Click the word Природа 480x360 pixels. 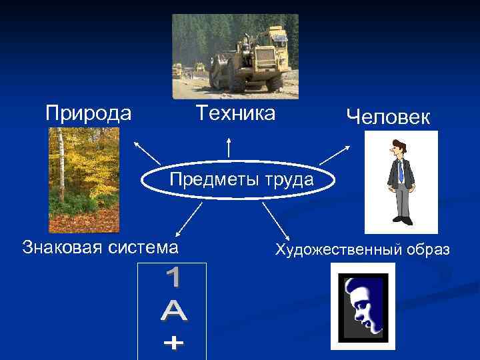point(89,113)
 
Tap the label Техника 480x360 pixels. point(235,113)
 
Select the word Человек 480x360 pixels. point(389,117)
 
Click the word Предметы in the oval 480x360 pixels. point(209,179)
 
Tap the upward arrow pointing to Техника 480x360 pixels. point(229,147)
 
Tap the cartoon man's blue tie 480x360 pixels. point(401,173)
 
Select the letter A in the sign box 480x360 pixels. point(172,311)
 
